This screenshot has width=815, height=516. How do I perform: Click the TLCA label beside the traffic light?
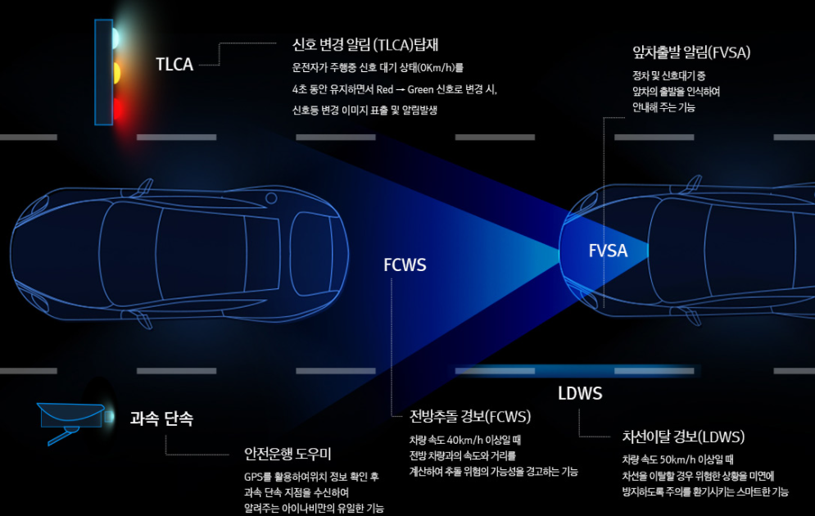[x=174, y=65]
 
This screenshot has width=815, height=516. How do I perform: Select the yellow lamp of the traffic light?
[x=115, y=72]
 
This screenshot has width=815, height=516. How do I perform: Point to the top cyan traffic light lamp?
[x=115, y=37]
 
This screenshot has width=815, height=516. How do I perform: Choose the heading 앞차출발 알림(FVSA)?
[x=692, y=52]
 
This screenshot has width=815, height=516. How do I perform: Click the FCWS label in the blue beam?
[x=405, y=265]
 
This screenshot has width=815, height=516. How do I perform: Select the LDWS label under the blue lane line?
[x=580, y=394]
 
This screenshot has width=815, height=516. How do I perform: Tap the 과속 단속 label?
[x=161, y=419]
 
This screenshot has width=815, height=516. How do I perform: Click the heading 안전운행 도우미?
[x=287, y=454]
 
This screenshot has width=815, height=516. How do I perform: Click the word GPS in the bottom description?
[x=252, y=477]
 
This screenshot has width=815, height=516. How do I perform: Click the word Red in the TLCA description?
[x=385, y=89]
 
